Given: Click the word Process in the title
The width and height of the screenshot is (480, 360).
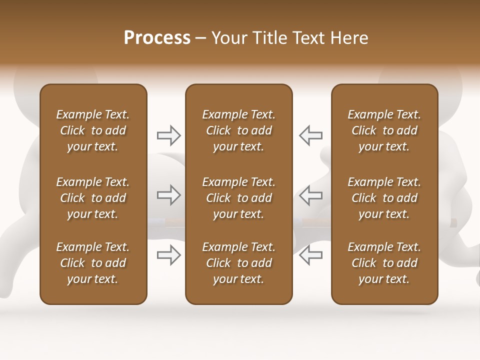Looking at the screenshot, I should [157, 38].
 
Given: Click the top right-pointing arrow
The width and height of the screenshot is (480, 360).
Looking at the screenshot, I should [168, 135].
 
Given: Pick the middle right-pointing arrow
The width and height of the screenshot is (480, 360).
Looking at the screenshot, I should [168, 195].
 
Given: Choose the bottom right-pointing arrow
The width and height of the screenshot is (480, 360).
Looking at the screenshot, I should [168, 255].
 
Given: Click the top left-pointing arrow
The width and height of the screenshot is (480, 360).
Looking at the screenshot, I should [310, 135].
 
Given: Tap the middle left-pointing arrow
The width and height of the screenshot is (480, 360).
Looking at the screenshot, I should [310, 195].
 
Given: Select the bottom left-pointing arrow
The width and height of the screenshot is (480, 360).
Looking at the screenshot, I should [310, 255].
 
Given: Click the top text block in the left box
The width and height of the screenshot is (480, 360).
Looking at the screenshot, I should [93, 130].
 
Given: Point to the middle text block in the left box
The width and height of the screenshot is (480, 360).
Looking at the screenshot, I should [93, 198].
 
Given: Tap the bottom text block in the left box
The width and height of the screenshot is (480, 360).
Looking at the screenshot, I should [93, 263].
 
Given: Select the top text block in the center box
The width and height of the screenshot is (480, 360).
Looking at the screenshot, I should [239, 130].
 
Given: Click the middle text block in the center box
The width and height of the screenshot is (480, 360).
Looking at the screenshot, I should [239, 198].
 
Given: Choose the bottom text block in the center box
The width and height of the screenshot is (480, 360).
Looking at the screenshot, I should [239, 263].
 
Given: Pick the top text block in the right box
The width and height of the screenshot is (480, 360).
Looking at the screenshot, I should [384, 130].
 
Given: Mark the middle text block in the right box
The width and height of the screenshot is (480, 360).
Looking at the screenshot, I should [384, 198].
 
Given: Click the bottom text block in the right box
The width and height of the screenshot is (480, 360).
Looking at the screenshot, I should [384, 263].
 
